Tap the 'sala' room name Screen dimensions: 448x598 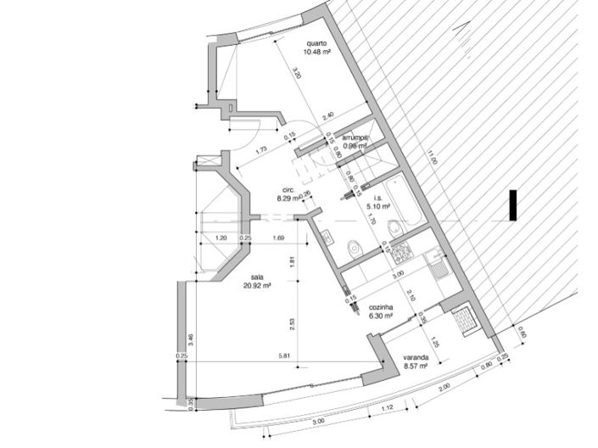click(x=257, y=277)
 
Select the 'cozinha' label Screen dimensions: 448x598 click(x=380, y=306)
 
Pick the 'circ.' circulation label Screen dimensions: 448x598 click(x=288, y=190)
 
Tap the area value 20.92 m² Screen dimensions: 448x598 click(x=257, y=286)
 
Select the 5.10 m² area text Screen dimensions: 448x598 click(x=377, y=205)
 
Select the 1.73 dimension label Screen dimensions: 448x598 click(x=261, y=149)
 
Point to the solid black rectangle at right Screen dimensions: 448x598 click(x=511, y=206)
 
